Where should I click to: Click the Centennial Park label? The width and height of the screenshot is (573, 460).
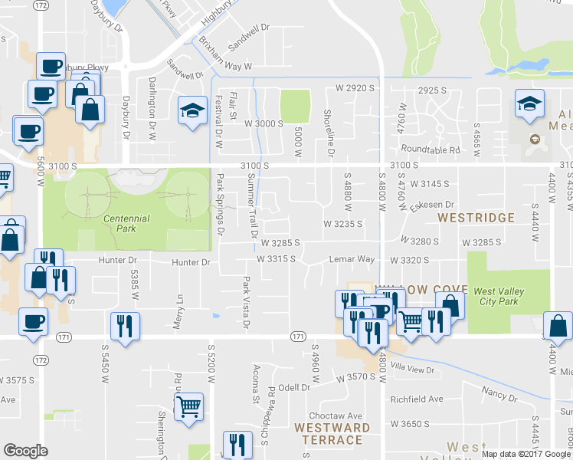coord(126,219)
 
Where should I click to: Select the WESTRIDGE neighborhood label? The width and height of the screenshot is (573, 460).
coord(476,218)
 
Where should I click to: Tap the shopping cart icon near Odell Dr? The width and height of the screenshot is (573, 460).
coord(188,406)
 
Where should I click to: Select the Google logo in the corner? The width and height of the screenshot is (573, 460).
coord(25,451)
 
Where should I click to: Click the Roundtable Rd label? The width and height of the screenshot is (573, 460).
coord(433,150)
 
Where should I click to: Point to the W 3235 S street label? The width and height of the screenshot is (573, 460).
coord(342,224)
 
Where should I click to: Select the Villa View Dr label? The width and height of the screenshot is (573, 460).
coord(412,370)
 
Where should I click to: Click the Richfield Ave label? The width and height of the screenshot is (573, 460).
coord(417,399)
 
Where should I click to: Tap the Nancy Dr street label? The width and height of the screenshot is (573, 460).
coord(499,395)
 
